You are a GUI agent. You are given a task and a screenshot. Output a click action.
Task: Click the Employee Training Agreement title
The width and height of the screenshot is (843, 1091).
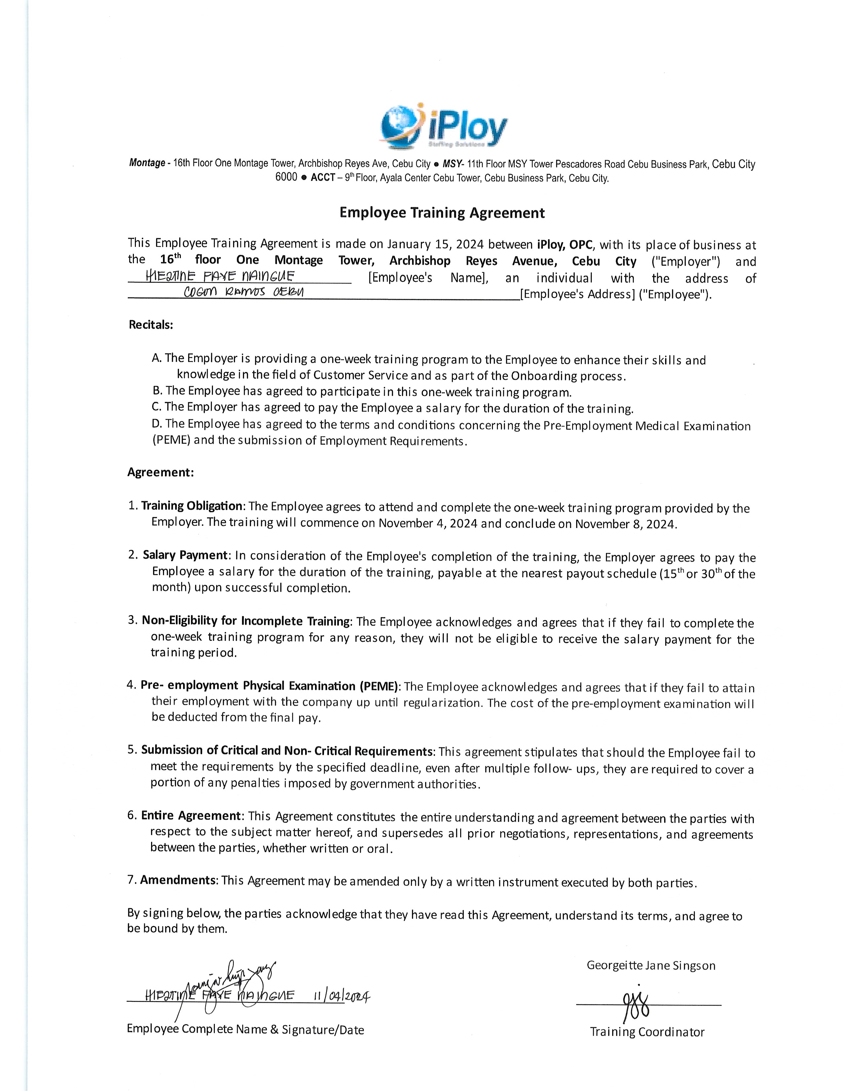tap(442, 213)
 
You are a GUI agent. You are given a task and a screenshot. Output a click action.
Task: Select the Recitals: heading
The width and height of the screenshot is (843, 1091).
tap(151, 325)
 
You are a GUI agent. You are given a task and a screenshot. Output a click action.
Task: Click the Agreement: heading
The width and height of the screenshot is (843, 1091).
tap(160, 472)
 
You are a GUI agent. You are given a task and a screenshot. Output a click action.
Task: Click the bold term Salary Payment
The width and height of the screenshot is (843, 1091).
tap(185, 555)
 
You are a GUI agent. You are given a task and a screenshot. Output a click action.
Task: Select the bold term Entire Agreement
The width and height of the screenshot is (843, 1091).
tap(191, 816)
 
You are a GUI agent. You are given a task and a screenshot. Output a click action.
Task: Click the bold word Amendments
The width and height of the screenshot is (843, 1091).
tap(178, 880)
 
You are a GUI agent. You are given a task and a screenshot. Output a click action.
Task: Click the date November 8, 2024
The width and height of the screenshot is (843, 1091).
tap(626, 524)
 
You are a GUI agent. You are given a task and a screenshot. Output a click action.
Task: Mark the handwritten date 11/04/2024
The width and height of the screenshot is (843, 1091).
tap(341, 995)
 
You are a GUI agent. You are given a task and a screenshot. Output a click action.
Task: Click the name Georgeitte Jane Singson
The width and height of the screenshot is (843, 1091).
tap(651, 966)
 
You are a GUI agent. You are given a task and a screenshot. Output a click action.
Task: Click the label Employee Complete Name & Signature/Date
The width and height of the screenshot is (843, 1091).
tap(245, 1030)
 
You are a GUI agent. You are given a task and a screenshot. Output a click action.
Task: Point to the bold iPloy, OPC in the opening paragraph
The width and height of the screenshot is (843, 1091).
tap(566, 245)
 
